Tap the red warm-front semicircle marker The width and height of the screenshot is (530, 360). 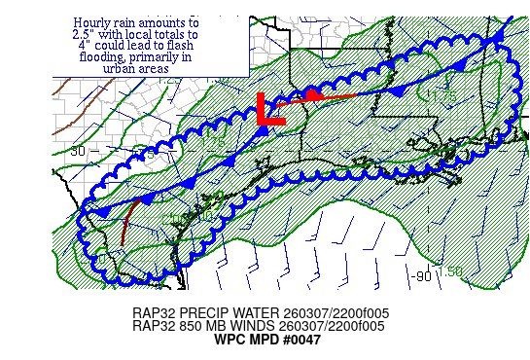(x=312, y=93)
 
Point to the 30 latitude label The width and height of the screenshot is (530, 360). (x=78, y=150)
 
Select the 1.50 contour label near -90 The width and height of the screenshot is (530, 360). (x=448, y=271)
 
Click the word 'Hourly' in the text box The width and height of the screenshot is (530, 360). (x=94, y=21)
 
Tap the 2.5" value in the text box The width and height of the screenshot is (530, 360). (x=86, y=33)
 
